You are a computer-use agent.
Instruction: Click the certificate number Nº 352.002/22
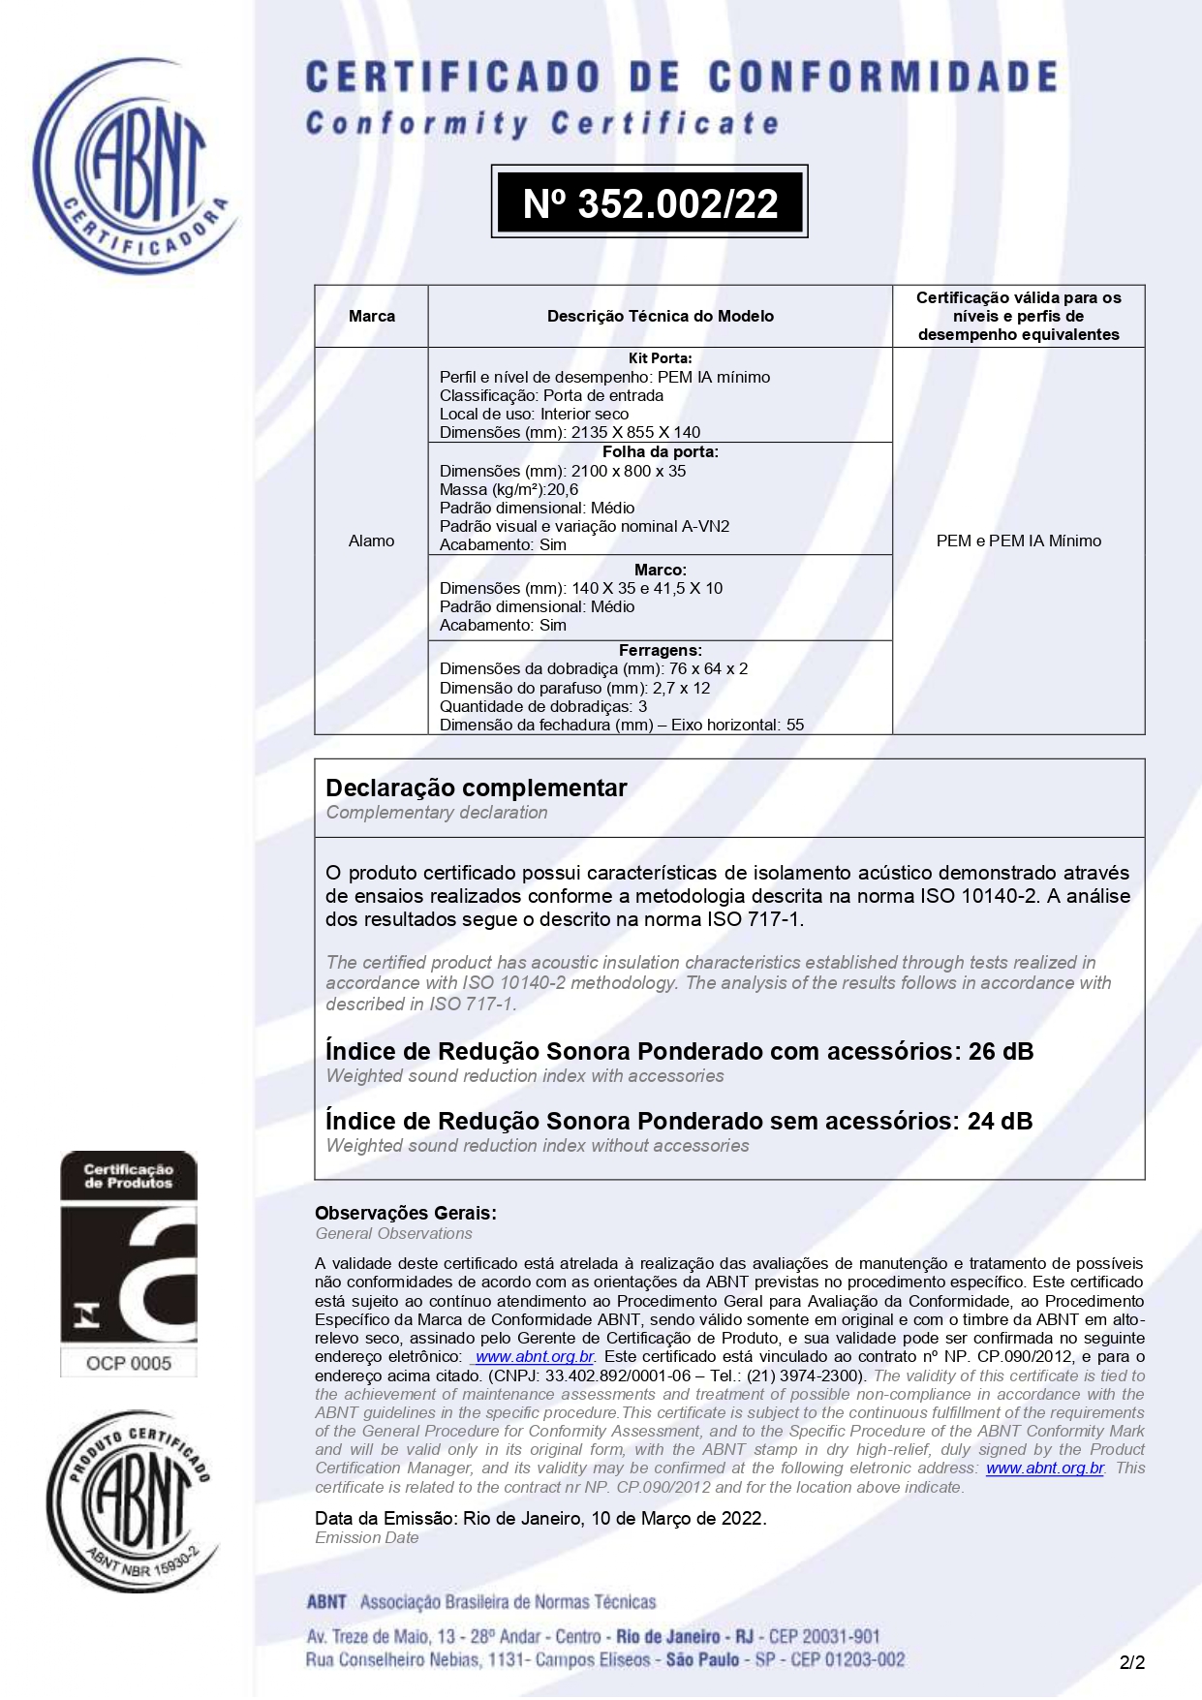[x=650, y=202]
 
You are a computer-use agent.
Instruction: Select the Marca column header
[x=372, y=316]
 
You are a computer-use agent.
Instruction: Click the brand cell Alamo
[x=372, y=541]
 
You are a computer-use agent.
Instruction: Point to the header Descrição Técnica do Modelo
[x=661, y=316]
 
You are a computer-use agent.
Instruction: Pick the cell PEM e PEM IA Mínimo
[x=1018, y=541]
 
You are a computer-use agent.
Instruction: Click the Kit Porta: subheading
[x=661, y=358]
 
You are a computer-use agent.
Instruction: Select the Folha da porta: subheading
[x=661, y=451]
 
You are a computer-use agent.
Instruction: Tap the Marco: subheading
[x=661, y=570]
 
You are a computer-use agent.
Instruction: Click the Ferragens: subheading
[x=661, y=650]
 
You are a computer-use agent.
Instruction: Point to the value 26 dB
[x=1001, y=1051]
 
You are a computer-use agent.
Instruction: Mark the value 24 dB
[x=1000, y=1121]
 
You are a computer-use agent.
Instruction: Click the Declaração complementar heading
[x=477, y=788]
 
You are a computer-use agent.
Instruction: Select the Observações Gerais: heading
[x=406, y=1213]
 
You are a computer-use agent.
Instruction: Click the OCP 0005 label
[x=129, y=1363]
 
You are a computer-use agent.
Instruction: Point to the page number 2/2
[x=1132, y=1662]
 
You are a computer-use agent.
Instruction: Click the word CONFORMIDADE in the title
[x=882, y=77]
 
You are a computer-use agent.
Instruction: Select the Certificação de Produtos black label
[x=129, y=1176]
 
